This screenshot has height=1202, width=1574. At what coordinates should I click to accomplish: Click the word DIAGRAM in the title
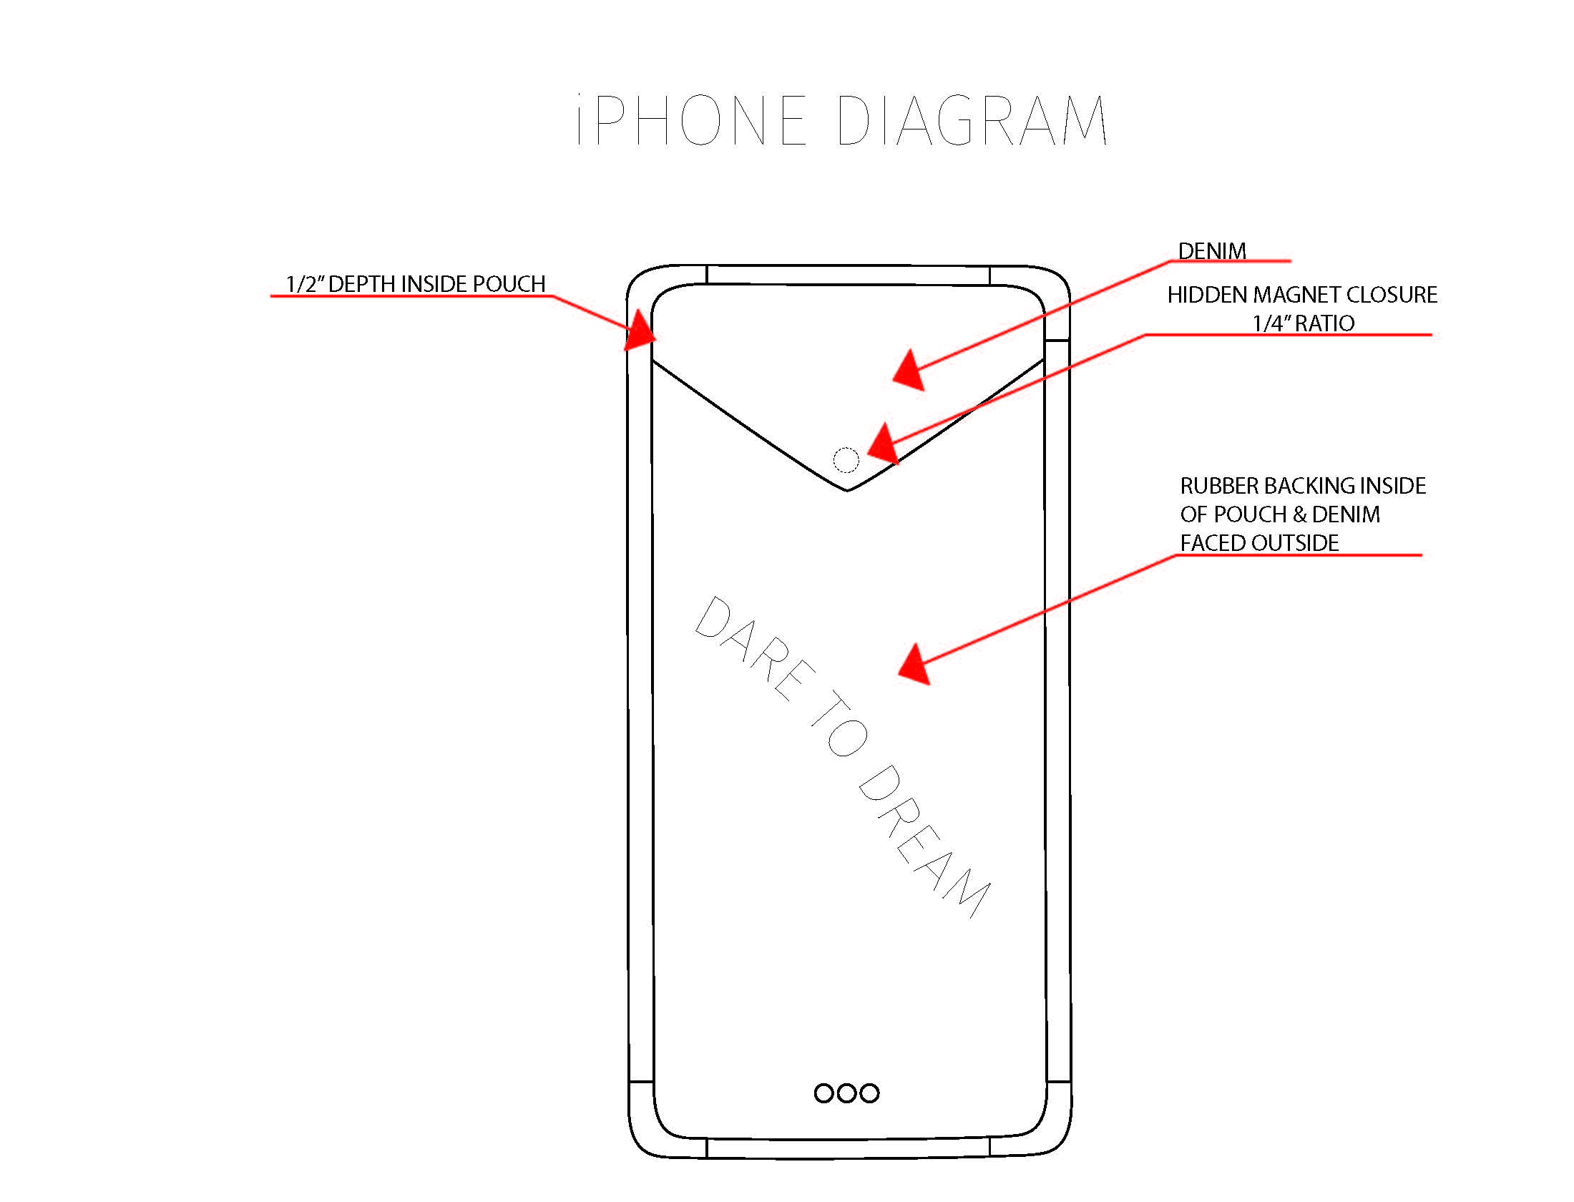point(972,120)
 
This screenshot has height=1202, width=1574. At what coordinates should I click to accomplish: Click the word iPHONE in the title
point(691,120)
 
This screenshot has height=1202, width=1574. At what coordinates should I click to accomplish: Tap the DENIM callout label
point(1211,251)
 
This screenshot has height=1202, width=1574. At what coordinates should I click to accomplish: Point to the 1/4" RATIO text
point(1303,323)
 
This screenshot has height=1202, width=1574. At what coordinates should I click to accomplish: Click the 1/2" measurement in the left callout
point(305,284)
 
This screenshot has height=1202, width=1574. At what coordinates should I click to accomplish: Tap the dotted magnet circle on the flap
point(846,460)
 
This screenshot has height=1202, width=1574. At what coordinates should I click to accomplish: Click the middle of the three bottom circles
point(846,1093)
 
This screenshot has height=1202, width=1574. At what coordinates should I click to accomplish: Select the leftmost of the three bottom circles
point(823,1093)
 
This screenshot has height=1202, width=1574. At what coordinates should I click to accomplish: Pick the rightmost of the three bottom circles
point(869,1093)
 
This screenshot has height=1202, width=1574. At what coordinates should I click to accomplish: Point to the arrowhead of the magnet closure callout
point(883,444)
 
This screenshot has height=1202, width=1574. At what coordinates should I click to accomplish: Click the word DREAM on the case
point(923,841)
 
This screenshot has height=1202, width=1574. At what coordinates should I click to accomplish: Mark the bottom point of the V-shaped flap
point(847,490)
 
